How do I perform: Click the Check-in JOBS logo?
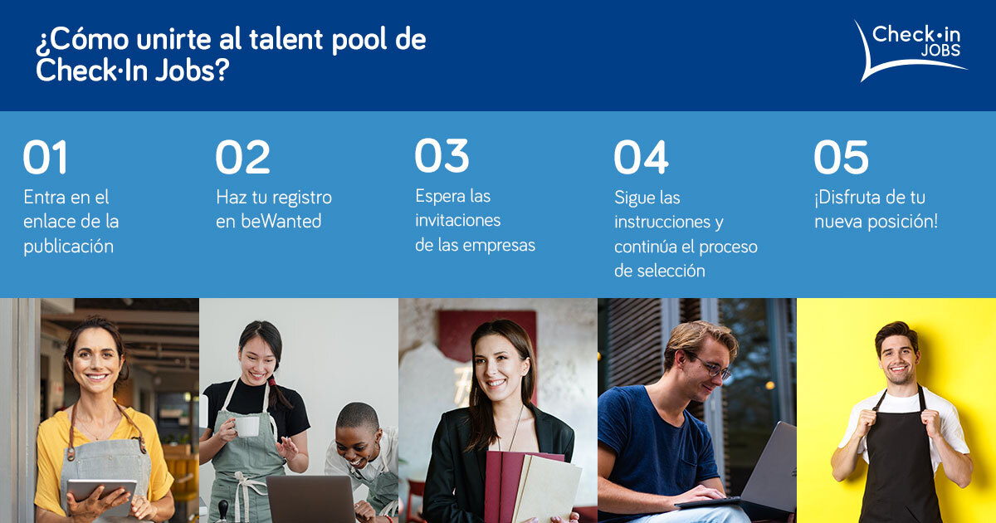tap(913, 50)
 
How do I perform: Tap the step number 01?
tap(46, 158)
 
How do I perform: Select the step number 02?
tap(242, 158)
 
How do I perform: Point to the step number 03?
tap(442, 156)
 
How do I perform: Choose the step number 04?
tap(641, 158)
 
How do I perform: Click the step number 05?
tap(841, 158)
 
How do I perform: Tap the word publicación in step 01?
tap(68, 247)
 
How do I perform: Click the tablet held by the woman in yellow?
tap(101, 490)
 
